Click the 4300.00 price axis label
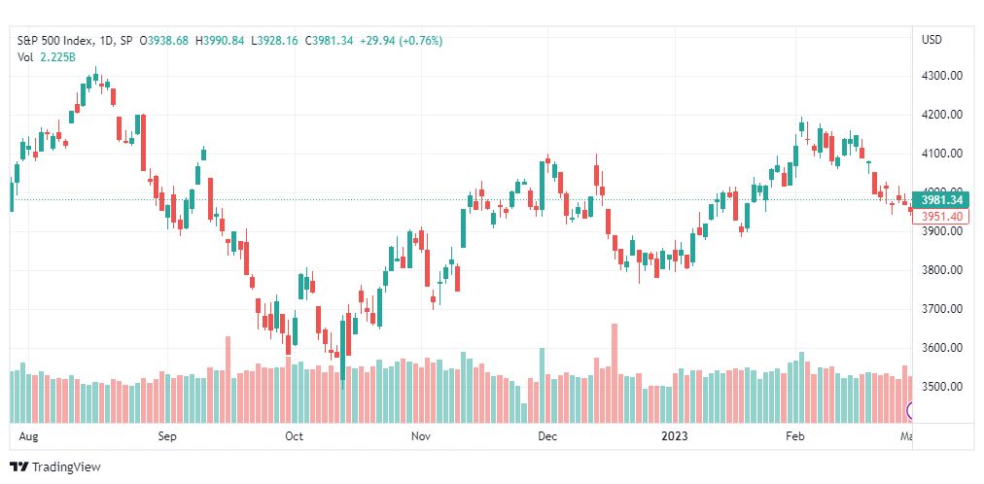click(x=941, y=76)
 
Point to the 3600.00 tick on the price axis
click(x=941, y=348)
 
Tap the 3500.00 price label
click(x=941, y=387)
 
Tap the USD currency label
click(x=931, y=40)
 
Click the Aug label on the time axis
click(x=27, y=436)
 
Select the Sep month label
click(x=168, y=436)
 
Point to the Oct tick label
click(x=294, y=436)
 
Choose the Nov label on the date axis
click(x=420, y=436)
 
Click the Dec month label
click(x=547, y=436)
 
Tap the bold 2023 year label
click(x=674, y=436)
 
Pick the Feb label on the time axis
click(x=795, y=436)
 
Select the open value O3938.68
click(x=165, y=41)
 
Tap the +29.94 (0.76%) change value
click(x=402, y=41)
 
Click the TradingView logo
click(x=55, y=467)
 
